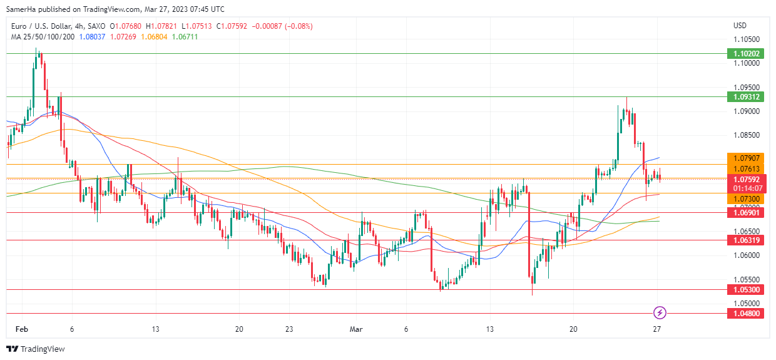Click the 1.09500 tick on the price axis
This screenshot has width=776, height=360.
(x=747, y=88)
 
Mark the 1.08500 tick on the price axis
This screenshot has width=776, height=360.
(x=747, y=135)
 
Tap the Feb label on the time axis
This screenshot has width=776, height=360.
(x=22, y=329)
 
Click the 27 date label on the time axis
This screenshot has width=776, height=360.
(x=657, y=329)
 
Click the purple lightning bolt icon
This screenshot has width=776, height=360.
(x=659, y=312)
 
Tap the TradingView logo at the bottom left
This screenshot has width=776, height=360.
(x=36, y=349)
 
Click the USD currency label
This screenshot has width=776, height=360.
(x=740, y=26)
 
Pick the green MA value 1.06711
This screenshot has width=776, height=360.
(x=185, y=36)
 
